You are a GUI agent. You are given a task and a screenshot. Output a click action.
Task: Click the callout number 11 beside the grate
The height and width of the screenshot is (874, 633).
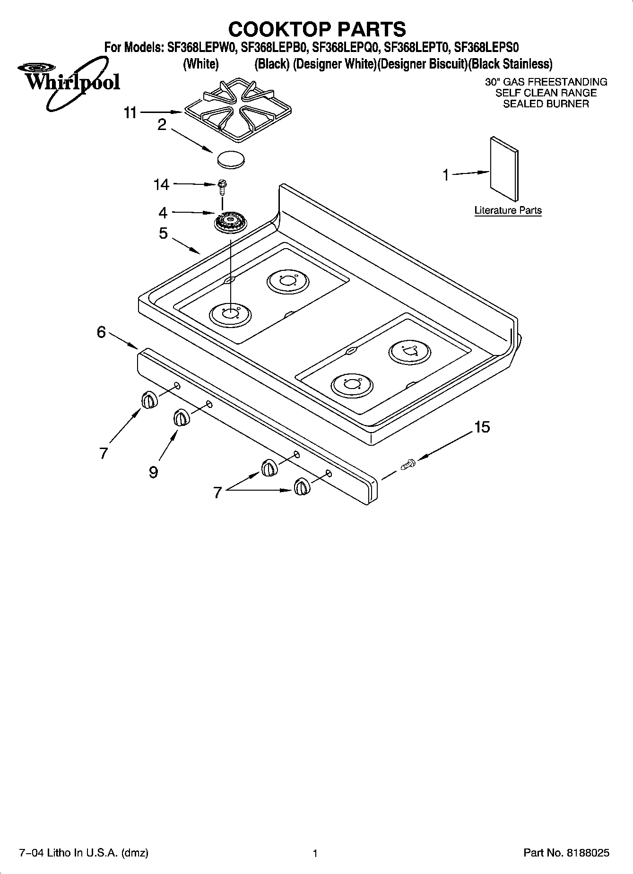(130, 113)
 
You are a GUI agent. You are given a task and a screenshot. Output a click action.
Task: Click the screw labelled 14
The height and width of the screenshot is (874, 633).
(221, 187)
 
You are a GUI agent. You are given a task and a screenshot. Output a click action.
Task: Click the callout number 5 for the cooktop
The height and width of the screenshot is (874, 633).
(163, 233)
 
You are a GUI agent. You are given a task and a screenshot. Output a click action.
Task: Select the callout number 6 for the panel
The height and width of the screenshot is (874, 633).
(101, 332)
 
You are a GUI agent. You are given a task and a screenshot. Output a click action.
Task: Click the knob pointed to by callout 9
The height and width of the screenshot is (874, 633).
(181, 418)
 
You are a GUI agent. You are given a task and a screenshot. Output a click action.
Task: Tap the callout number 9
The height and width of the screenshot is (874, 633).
(153, 472)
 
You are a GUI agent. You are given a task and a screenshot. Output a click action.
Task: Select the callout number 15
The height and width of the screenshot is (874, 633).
(482, 427)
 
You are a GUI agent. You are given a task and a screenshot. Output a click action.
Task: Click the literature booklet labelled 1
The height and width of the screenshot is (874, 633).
(504, 169)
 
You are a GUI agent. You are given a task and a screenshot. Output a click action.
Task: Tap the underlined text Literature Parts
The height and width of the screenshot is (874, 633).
(508, 210)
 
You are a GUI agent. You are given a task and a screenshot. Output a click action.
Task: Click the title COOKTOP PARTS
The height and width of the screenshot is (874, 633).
(317, 29)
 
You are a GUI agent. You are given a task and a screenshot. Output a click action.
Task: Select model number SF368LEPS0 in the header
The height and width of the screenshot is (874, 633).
(486, 47)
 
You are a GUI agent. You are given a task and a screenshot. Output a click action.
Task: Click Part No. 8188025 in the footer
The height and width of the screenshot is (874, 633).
(566, 853)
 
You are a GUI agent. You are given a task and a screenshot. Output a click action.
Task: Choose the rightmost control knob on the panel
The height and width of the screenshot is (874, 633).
(302, 486)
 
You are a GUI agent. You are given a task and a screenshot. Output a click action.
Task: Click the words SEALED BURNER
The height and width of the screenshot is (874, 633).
(546, 104)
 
